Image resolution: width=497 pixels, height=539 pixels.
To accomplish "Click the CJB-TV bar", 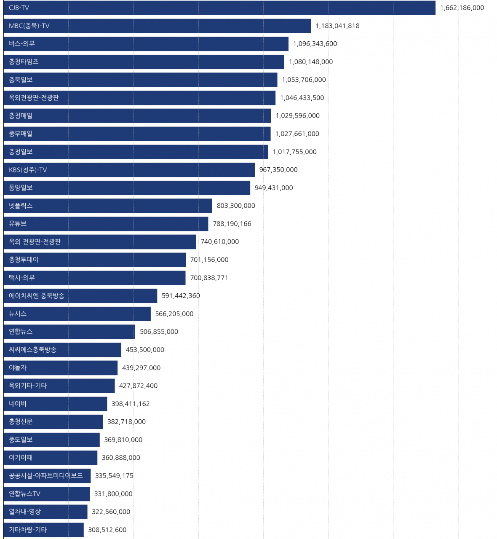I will pos(219,8).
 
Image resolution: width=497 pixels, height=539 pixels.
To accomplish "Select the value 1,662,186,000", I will pos(462,8).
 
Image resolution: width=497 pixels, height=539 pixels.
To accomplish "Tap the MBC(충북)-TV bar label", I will pos(29,26).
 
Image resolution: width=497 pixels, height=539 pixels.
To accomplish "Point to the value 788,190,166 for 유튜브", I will pos(232,224).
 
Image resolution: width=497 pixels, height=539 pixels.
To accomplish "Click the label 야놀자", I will pos(18,368).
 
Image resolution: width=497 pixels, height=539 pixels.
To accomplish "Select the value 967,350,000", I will pos(278,170).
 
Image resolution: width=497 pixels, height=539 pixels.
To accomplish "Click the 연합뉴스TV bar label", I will pos(24,494).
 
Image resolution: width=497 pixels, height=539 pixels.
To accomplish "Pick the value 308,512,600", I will pos(107,530).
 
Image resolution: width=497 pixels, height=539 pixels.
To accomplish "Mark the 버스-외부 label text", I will pos(22,44).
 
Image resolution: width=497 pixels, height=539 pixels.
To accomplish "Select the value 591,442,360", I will pos(181,296).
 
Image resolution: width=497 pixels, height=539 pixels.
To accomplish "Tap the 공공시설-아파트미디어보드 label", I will pos(45,476).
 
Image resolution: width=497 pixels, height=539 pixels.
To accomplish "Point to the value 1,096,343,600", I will pos(315,44).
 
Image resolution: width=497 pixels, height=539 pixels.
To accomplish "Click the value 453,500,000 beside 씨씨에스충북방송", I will pos(145,350).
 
